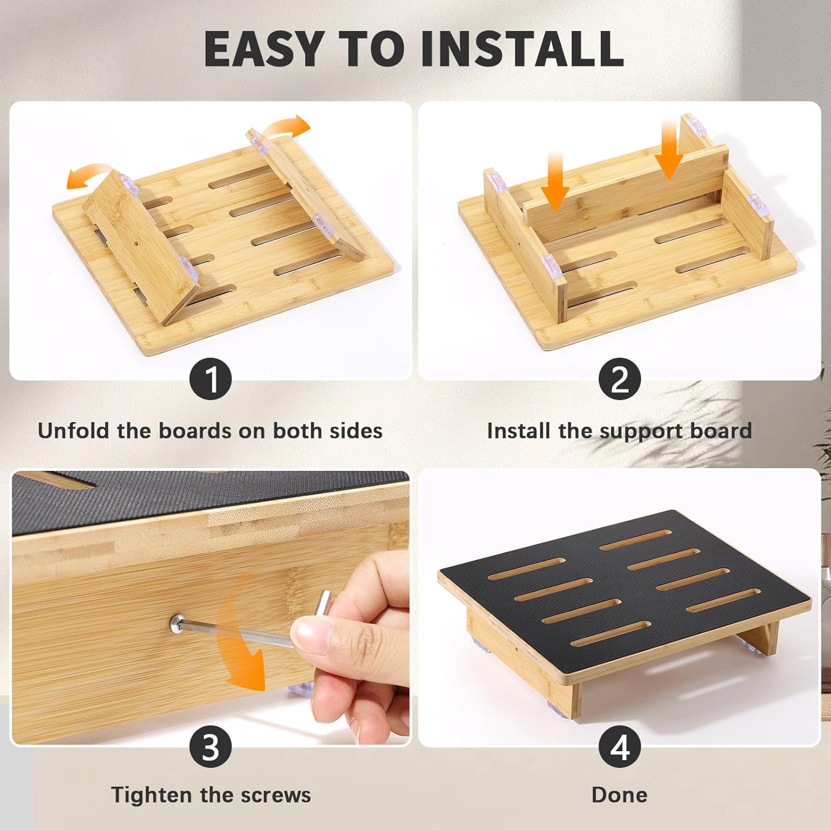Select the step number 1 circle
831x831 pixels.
coord(211,379)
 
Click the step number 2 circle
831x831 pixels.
coord(619,379)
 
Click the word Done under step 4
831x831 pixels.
coord(619,795)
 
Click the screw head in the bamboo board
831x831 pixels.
coord(178,624)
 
